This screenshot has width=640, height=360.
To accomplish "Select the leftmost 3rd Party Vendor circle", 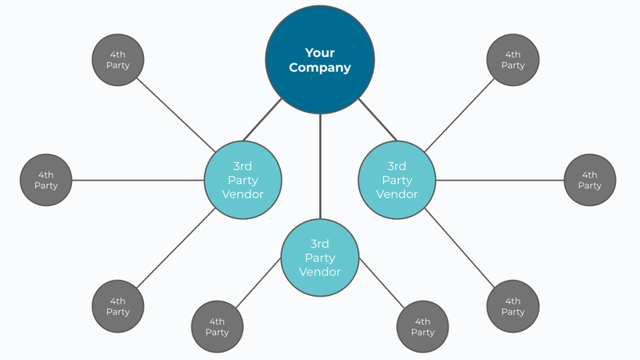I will tap(243, 180).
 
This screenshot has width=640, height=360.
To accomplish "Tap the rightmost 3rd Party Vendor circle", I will tap(397, 180).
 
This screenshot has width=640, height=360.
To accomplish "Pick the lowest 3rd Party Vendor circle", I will tap(319, 257).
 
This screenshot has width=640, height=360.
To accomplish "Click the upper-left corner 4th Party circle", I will tap(118, 60).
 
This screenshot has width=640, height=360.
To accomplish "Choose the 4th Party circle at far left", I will tap(46, 180).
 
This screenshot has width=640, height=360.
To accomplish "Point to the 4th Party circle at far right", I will tap(590, 180).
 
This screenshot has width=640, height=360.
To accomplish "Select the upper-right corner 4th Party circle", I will tap(512, 60).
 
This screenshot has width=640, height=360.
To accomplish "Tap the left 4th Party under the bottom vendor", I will tap(217, 326).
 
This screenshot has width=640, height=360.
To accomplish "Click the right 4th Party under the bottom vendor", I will tap(422, 326).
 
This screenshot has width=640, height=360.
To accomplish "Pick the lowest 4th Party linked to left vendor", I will tap(118, 306).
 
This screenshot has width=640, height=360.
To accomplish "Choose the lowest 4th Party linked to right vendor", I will tap(512, 306).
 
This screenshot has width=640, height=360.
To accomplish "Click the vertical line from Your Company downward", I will tap(320, 166).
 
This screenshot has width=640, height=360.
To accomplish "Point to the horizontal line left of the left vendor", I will tap(137, 180).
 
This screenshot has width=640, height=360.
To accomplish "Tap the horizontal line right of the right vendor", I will tap(499, 180).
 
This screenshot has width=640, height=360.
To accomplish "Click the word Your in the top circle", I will tap(319, 52).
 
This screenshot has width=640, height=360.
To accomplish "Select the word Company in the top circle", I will tap(319, 67).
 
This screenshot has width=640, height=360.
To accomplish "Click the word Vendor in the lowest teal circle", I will tap(319, 272).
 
